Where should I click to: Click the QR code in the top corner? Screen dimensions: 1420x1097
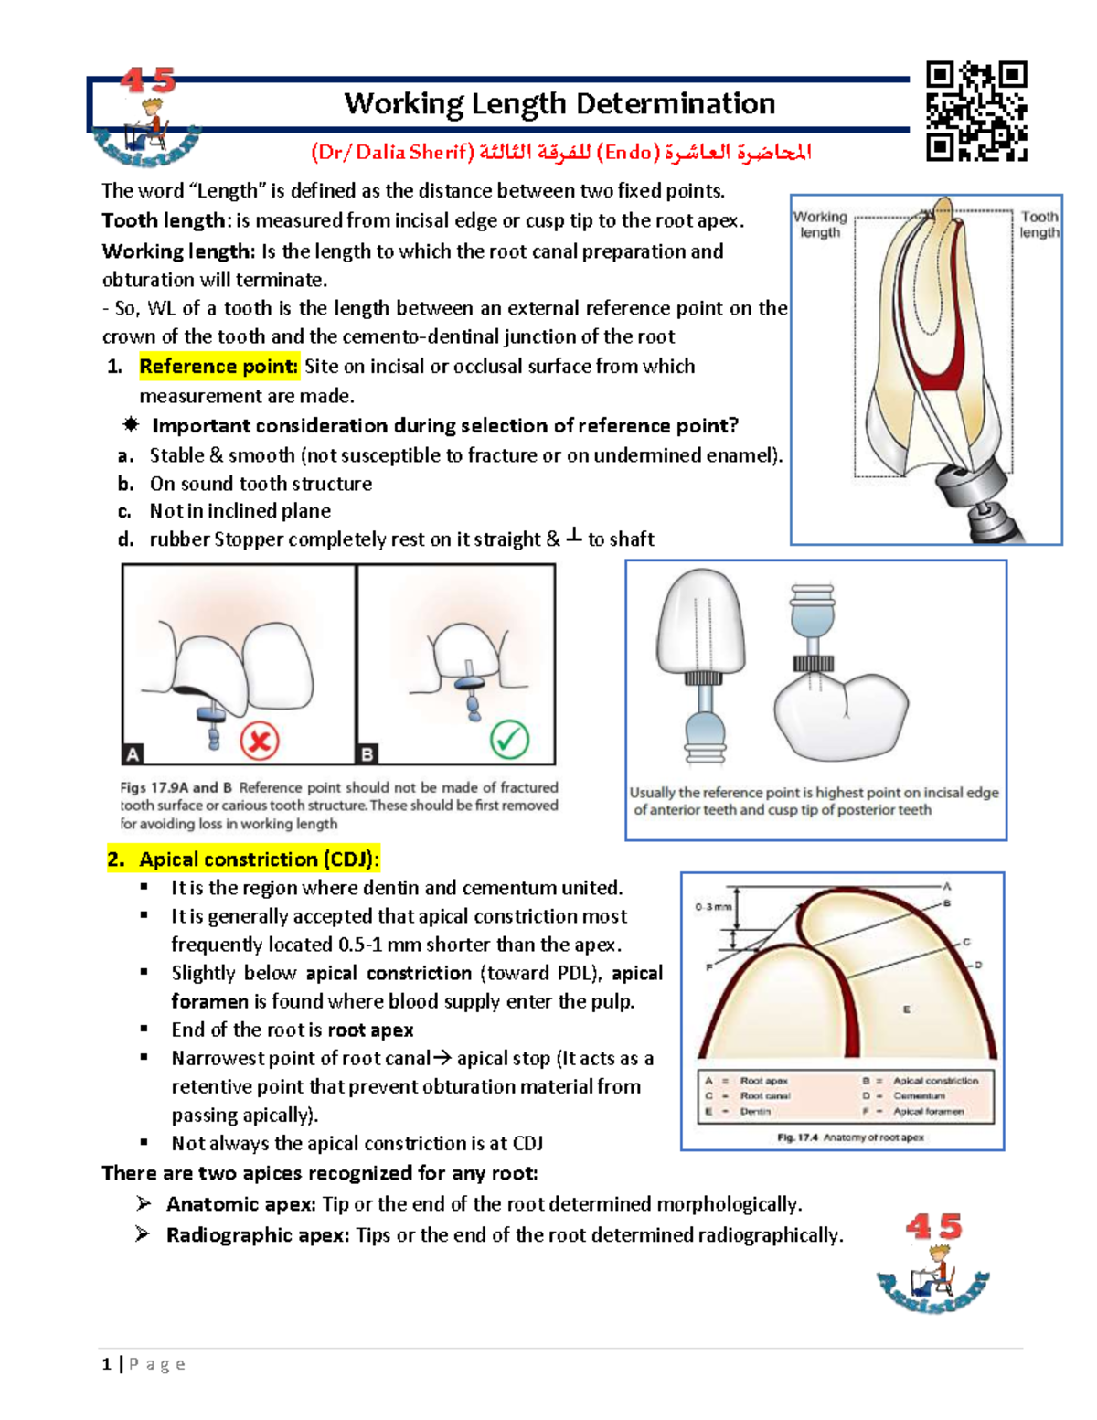[x=976, y=111]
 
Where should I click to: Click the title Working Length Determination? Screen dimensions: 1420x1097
[x=559, y=103]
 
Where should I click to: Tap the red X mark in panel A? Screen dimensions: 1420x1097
[x=259, y=740]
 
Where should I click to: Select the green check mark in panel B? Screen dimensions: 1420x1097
[x=509, y=739]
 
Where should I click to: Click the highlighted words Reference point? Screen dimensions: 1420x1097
[x=218, y=367]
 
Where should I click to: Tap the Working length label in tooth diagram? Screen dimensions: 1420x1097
[x=820, y=224]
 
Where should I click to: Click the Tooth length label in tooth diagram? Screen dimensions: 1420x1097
[x=1039, y=224]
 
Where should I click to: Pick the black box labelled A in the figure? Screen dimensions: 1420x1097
[x=133, y=754]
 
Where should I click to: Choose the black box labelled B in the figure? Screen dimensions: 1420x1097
[x=367, y=754]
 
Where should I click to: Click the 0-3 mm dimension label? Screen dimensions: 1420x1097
[x=713, y=907]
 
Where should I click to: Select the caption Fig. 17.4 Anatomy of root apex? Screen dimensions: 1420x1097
[x=850, y=1137]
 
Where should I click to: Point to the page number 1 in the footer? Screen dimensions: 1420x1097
[x=107, y=1364]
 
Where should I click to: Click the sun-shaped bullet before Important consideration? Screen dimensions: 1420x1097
[x=131, y=425]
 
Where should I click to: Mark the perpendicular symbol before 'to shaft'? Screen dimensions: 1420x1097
[x=573, y=537]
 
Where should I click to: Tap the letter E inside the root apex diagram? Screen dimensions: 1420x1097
[x=906, y=1009]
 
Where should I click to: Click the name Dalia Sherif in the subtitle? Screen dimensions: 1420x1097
[x=413, y=152]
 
